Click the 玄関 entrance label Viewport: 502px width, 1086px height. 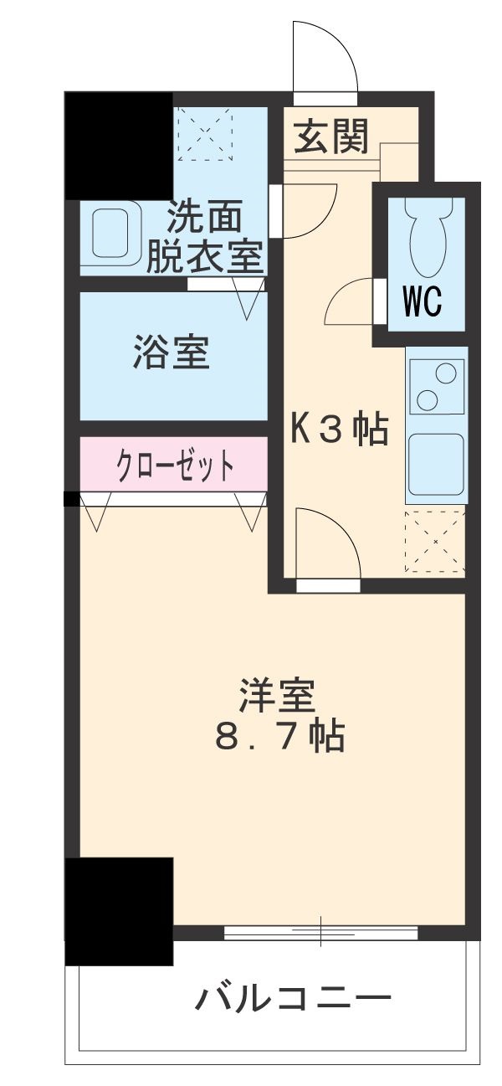click(330, 136)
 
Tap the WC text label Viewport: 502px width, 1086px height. click(422, 303)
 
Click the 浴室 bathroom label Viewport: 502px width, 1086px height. click(171, 353)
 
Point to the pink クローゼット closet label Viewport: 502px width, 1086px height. click(174, 465)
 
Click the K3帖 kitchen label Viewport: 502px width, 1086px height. click(339, 429)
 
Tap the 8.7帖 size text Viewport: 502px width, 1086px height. click(279, 737)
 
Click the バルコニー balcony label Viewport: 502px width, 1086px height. click(294, 998)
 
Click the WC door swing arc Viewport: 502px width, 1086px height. click(349, 303)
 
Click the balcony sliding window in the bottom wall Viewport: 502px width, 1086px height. click(320, 931)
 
